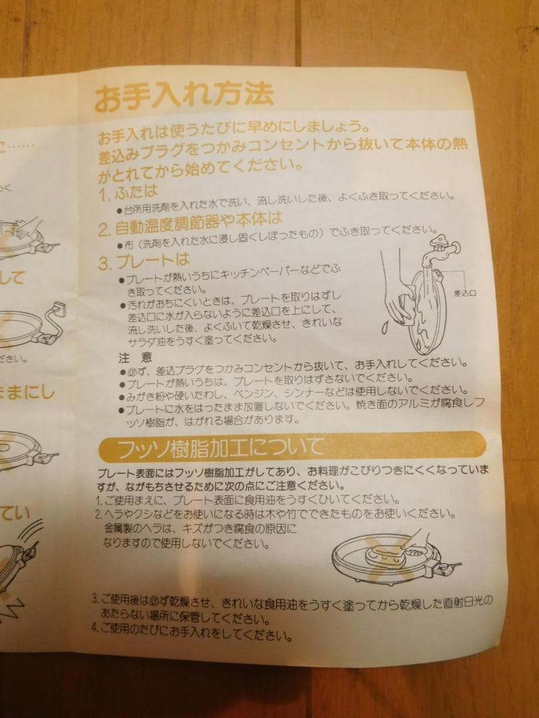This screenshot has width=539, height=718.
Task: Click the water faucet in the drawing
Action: [x=440, y=249]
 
